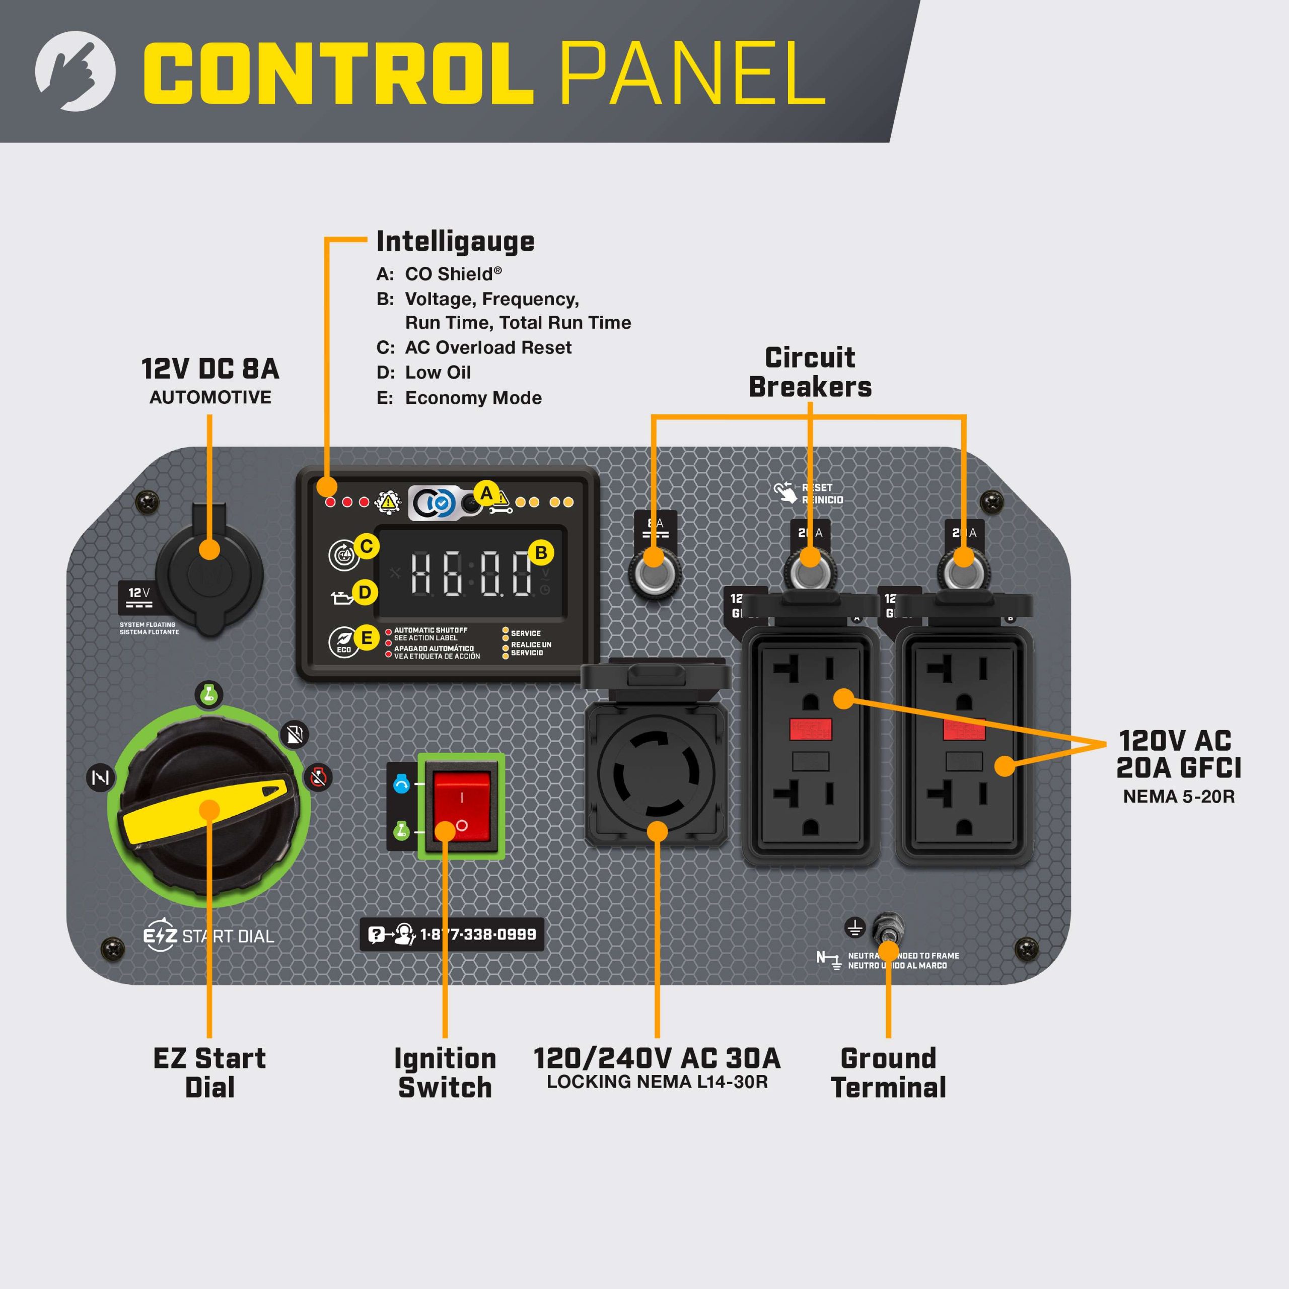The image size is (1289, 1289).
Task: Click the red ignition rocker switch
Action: [462, 807]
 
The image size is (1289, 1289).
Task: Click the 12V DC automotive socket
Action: [209, 572]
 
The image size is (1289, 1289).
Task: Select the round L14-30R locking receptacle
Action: [657, 774]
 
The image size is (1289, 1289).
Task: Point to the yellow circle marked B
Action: [541, 552]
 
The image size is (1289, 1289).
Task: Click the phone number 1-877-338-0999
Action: [478, 934]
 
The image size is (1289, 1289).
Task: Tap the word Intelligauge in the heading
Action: [455, 242]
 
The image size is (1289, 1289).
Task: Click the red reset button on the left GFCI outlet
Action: [810, 729]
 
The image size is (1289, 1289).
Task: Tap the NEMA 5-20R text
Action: [1178, 797]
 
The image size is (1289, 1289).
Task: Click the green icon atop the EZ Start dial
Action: [209, 694]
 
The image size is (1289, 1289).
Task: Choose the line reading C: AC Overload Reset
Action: [474, 347]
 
